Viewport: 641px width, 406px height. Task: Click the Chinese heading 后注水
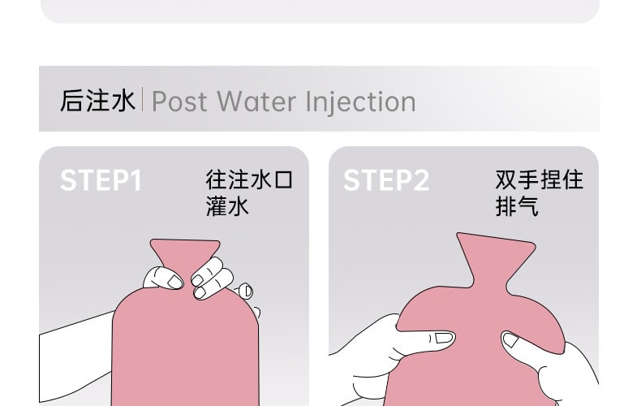[97, 101]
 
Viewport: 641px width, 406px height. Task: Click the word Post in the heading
[179, 101]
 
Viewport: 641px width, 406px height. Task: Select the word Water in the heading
[257, 101]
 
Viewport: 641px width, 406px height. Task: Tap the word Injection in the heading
[360, 101]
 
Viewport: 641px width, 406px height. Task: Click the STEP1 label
[101, 180]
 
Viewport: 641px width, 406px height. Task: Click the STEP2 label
[386, 180]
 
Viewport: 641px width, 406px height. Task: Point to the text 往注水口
[249, 179]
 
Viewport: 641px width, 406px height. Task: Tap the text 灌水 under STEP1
[227, 207]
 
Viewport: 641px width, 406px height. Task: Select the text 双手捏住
[539, 179]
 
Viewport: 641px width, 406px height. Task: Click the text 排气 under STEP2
[517, 207]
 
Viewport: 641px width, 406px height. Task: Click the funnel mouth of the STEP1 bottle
[185, 247]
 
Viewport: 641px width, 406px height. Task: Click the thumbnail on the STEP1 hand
[175, 282]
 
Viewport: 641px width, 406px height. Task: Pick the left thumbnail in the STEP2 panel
[443, 337]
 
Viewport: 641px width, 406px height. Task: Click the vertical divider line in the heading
[143, 101]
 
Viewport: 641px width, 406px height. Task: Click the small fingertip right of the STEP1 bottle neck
[246, 291]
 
